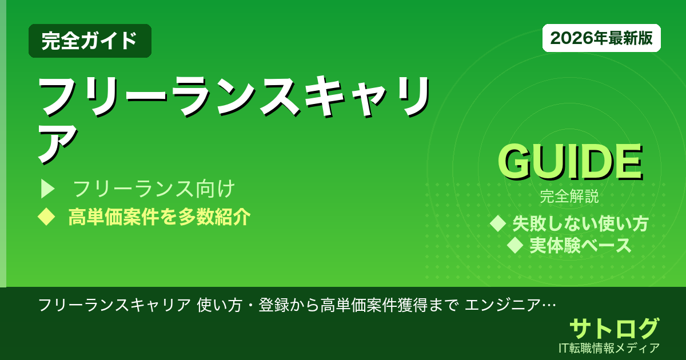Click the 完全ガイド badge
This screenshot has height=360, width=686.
[x=90, y=41]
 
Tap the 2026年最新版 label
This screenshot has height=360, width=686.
[x=601, y=38]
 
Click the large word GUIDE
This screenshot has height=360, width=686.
[x=570, y=163]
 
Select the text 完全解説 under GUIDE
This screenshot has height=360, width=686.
[x=569, y=197]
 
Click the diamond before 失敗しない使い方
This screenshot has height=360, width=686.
[x=498, y=223]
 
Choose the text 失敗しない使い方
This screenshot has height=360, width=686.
[x=580, y=223]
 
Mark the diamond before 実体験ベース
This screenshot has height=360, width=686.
[x=516, y=246]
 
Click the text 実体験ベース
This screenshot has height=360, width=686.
[x=580, y=246]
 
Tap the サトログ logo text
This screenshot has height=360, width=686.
[x=614, y=329]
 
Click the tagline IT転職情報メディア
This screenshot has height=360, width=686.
[x=610, y=347]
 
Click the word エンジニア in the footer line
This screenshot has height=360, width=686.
[x=503, y=305]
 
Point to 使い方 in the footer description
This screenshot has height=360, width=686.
[x=216, y=305]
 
